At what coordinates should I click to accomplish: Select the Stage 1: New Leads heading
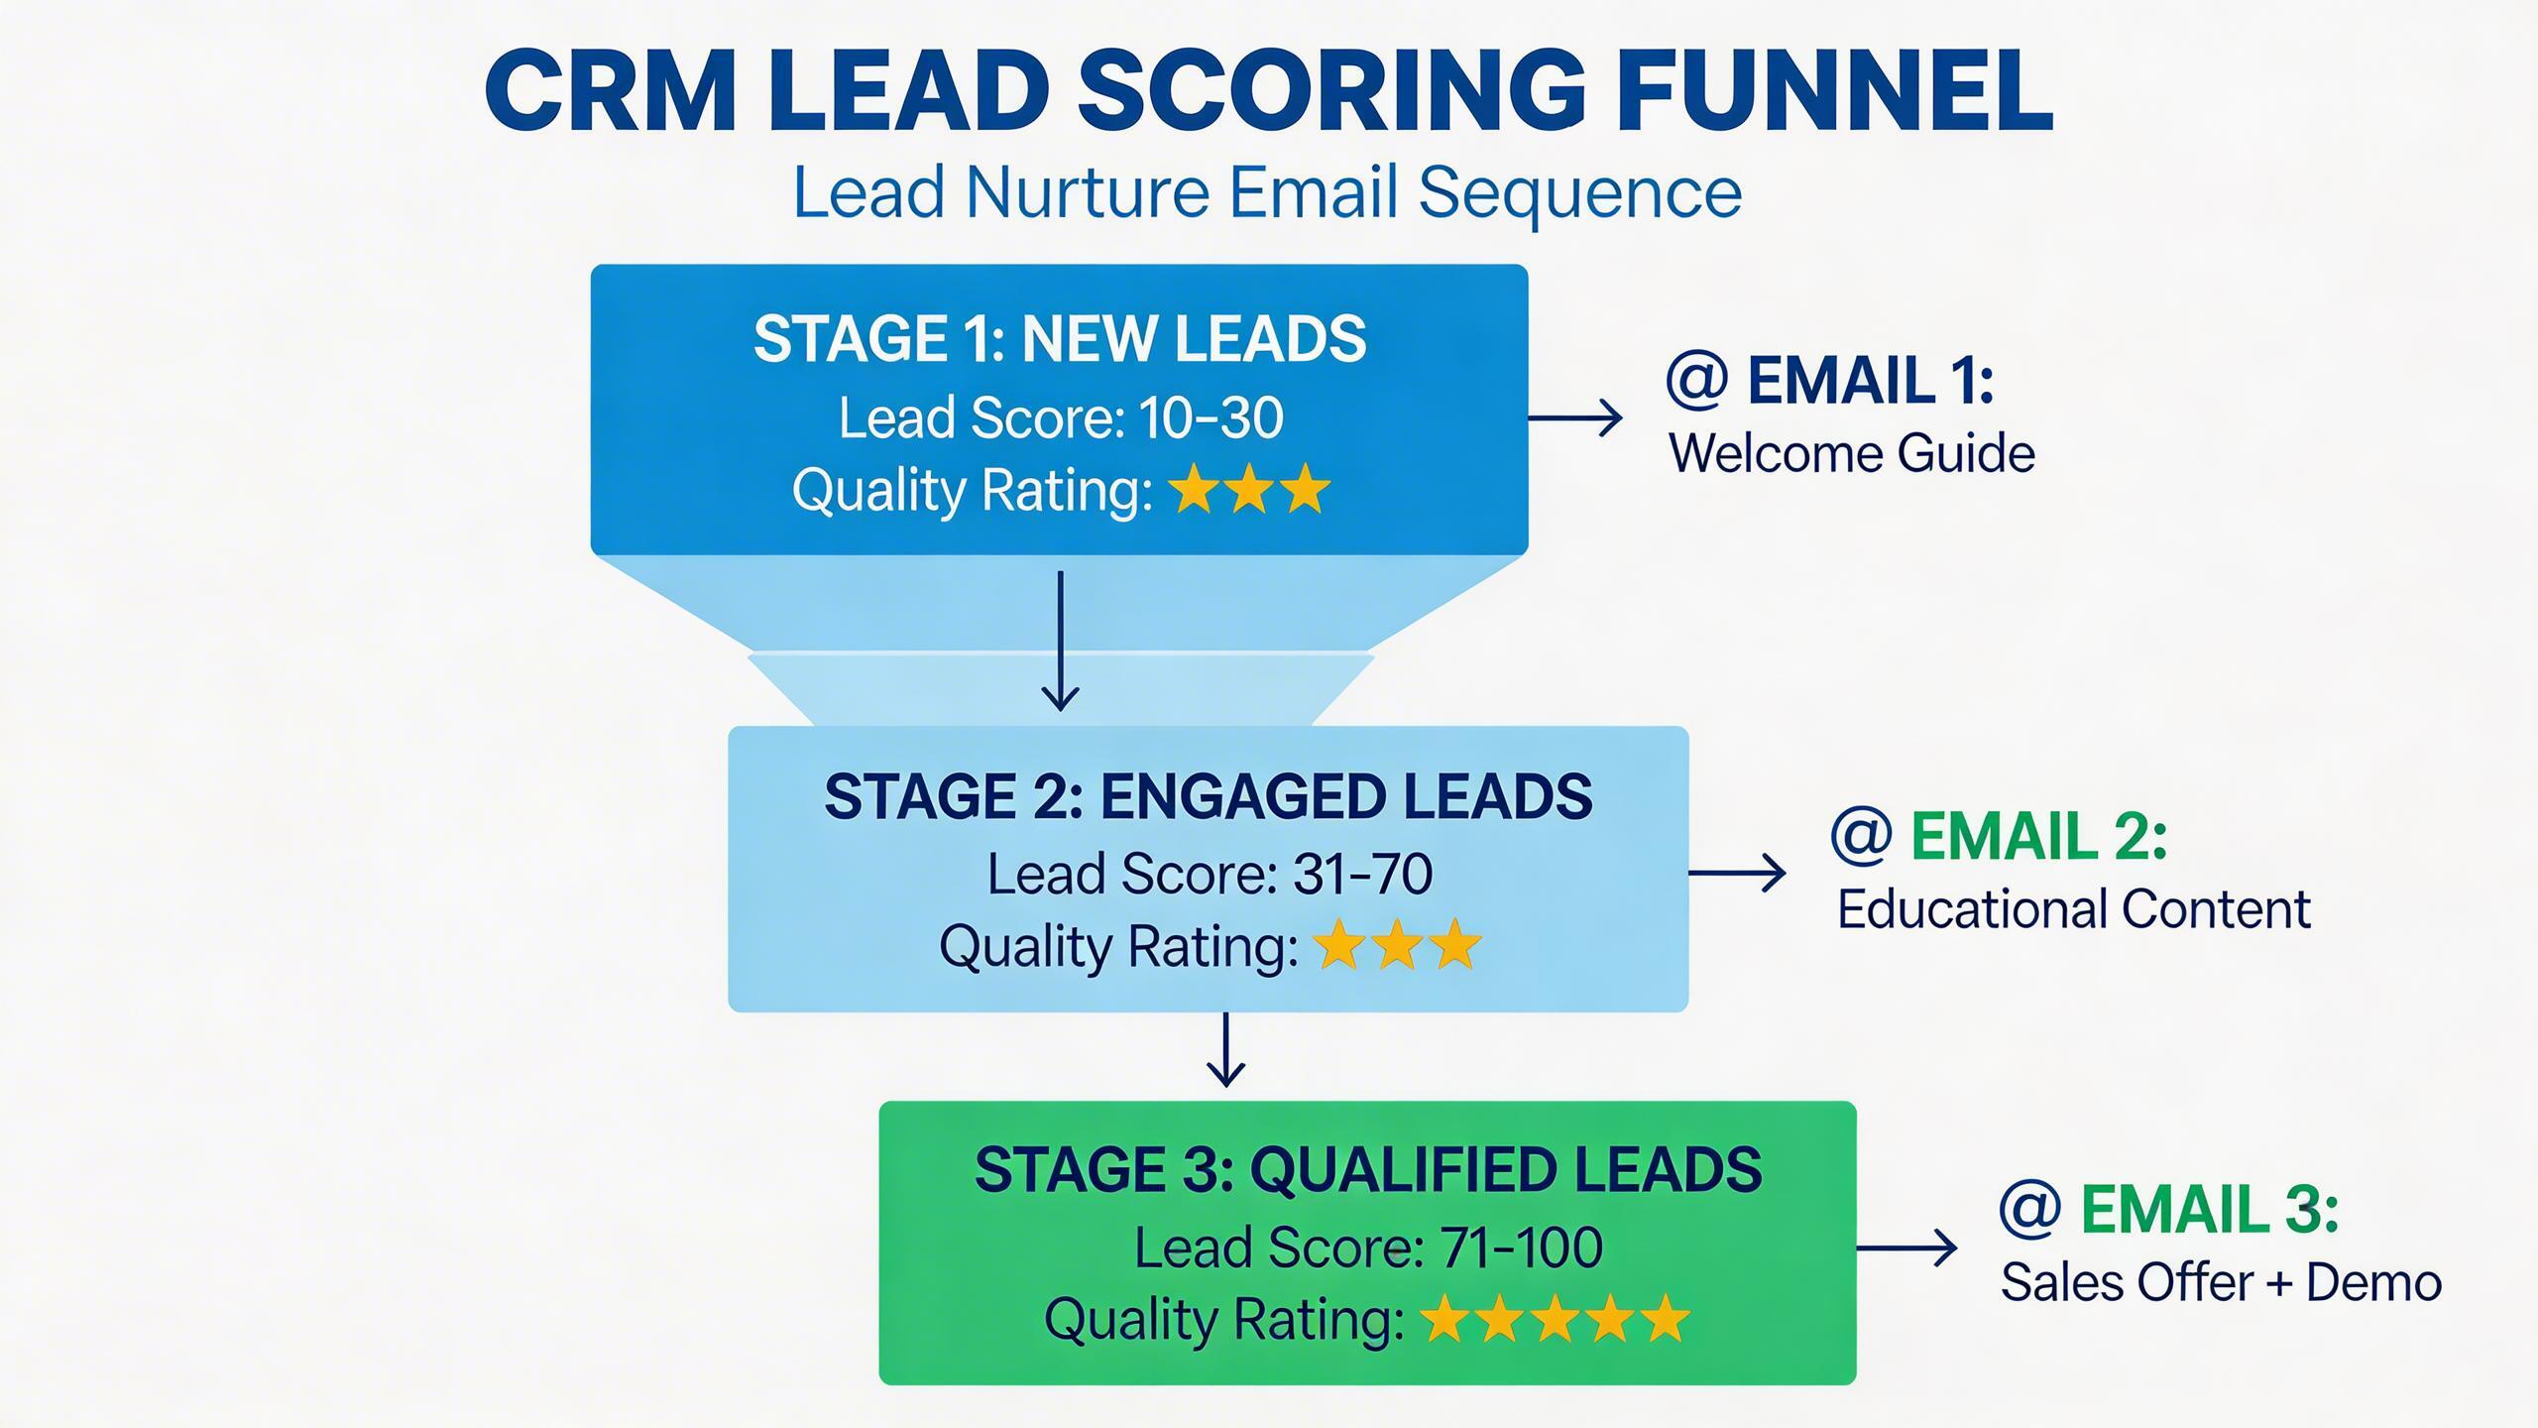pyautogui.click(x=1060, y=339)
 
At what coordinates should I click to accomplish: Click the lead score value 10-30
pyautogui.click(x=1211, y=417)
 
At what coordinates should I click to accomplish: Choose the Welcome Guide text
pyautogui.click(x=1852, y=453)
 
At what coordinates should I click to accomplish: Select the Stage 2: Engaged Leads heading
pyautogui.click(x=1208, y=796)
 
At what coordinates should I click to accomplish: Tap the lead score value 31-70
pyautogui.click(x=1363, y=874)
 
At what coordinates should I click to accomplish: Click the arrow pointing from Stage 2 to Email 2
pyautogui.click(x=1737, y=873)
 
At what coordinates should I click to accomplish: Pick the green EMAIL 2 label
pyautogui.click(x=2038, y=836)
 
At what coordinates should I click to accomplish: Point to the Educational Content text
pyautogui.click(x=2074, y=909)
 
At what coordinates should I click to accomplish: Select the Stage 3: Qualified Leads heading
pyautogui.click(x=1368, y=1169)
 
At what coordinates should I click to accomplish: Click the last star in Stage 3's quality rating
pyautogui.click(x=1664, y=1320)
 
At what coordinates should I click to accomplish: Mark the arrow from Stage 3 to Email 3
pyautogui.click(x=1906, y=1248)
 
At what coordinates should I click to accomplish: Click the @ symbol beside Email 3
pyautogui.click(x=2030, y=1210)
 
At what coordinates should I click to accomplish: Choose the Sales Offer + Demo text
pyautogui.click(x=2221, y=1282)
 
